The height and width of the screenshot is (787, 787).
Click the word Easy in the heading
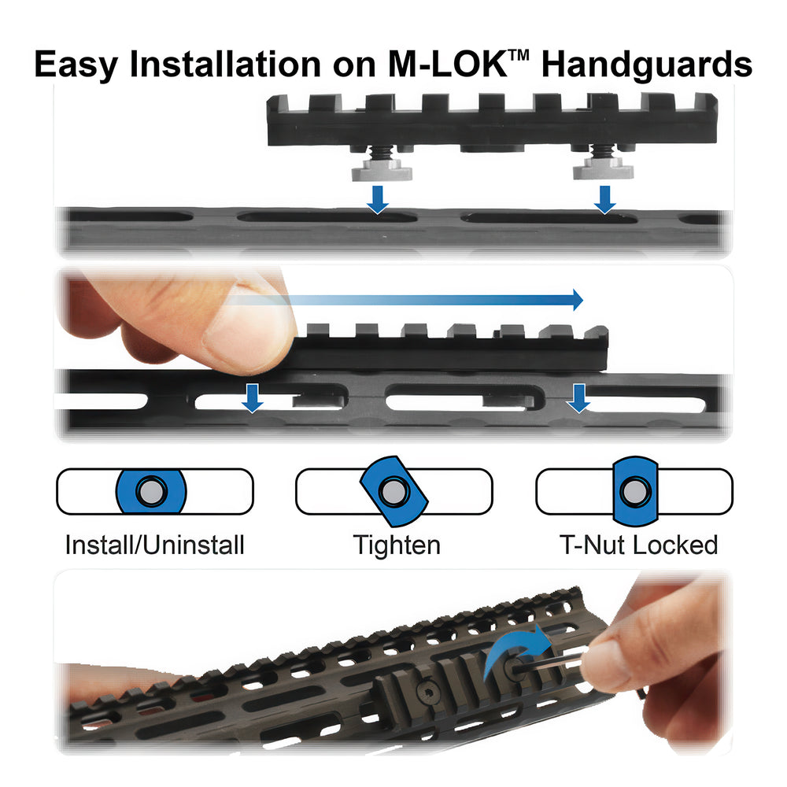76,65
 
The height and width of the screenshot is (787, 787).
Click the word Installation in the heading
225,64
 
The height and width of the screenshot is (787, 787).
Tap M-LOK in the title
447,64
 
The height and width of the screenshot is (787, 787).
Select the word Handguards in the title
647,65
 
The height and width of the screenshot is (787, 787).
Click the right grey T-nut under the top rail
603,168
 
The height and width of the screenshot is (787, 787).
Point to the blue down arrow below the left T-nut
378,200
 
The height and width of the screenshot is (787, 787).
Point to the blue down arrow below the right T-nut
604,200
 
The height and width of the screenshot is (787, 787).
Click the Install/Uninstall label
154,545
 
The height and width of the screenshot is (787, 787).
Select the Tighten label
397,545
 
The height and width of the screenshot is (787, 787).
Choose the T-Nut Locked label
638,545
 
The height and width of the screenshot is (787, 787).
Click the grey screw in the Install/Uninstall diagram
151,491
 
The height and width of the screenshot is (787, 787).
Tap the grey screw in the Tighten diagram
394,491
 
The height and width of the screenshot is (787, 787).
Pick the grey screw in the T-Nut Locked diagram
635,491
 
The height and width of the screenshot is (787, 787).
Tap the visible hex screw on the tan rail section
427,693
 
